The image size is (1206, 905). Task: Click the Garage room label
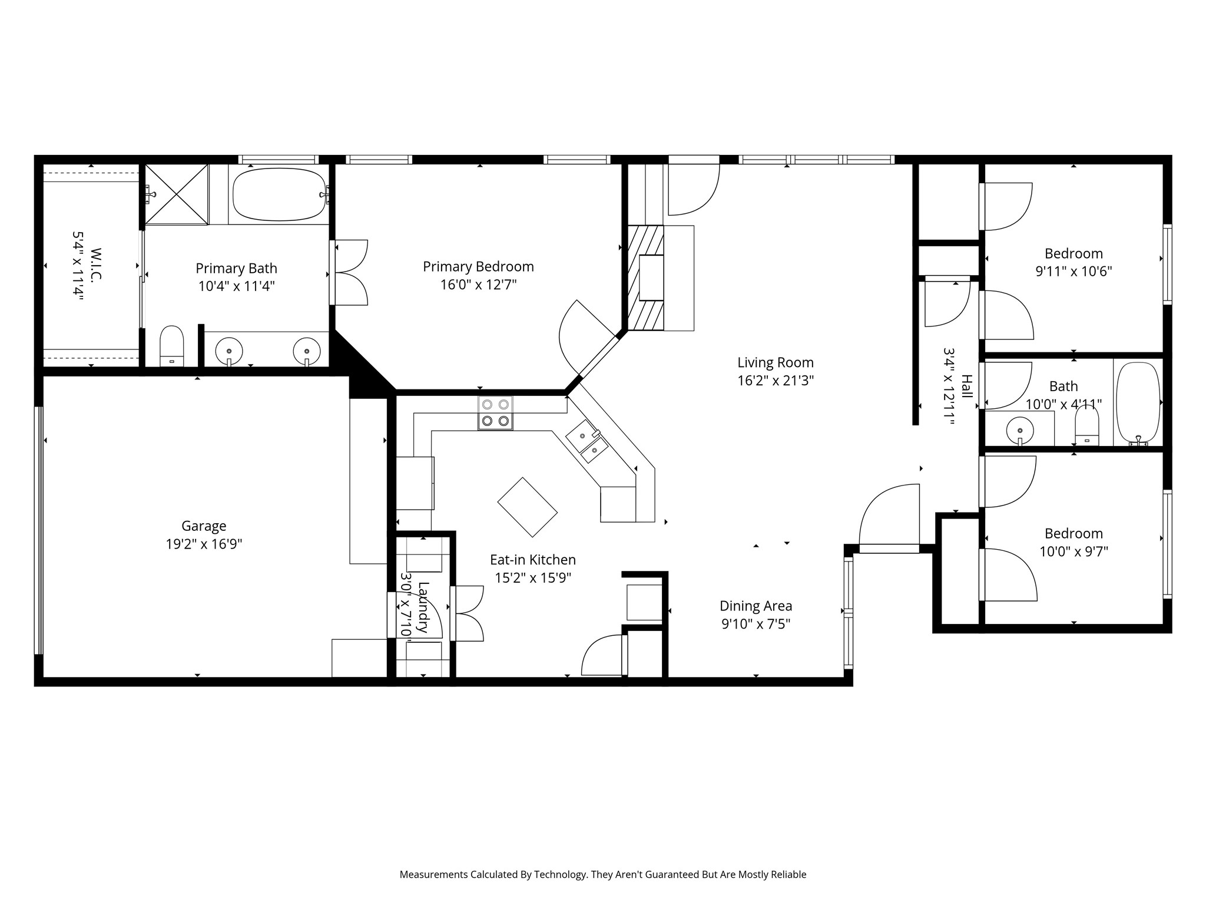click(x=204, y=526)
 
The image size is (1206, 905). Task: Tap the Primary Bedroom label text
click(x=478, y=267)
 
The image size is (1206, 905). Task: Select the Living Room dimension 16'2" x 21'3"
click(x=776, y=381)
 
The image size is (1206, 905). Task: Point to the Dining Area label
click(x=756, y=606)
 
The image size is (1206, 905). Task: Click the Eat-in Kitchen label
click(x=533, y=560)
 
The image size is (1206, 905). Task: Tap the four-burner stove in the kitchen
click(x=495, y=412)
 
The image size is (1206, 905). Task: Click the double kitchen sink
click(x=587, y=442)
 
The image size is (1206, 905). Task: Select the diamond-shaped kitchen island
click(x=528, y=507)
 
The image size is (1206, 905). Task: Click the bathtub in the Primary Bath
click(x=280, y=193)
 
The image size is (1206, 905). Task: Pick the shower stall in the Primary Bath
click(x=177, y=194)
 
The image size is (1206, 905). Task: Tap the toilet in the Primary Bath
click(x=172, y=346)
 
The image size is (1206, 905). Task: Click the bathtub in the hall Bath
click(x=1138, y=403)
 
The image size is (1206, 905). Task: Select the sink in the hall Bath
click(x=1019, y=429)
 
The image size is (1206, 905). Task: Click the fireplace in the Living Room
click(x=646, y=278)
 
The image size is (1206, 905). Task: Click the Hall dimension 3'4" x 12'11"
click(x=949, y=386)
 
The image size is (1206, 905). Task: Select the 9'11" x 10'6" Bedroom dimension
click(x=1074, y=272)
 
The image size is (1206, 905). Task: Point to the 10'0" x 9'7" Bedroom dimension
click(x=1074, y=552)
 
